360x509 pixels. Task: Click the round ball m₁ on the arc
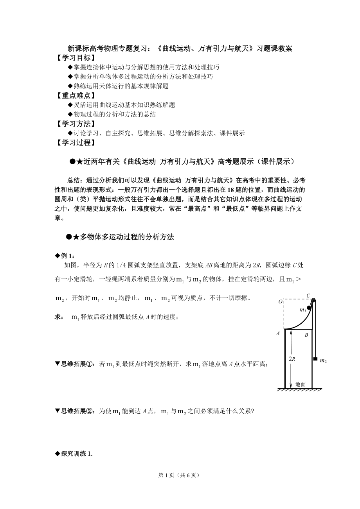coord(309,308)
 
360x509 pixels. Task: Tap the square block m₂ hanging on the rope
coord(315,358)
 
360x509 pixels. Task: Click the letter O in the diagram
coord(280,301)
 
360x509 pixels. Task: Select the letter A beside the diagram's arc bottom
coord(278,333)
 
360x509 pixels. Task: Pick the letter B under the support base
coord(306,335)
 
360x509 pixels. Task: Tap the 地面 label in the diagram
coord(301,384)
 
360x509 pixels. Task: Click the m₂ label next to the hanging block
coord(323,360)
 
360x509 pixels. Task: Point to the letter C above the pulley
coord(308,295)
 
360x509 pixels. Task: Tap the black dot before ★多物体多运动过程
coord(70,237)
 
